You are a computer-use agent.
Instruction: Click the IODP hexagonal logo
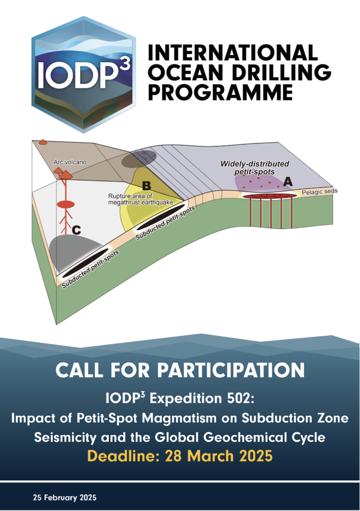tap(84, 74)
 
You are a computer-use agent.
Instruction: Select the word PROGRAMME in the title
tap(220, 92)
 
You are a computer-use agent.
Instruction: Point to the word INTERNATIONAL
tap(232, 52)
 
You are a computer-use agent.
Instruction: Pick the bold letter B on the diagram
tap(146, 186)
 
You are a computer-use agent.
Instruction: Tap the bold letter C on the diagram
tap(76, 231)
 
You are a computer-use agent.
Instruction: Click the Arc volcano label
tap(70, 162)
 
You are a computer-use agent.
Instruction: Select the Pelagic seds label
tap(319, 192)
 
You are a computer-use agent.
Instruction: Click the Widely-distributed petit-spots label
tap(255, 168)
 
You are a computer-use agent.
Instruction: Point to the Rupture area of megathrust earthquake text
tap(140, 199)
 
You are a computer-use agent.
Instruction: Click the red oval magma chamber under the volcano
tap(66, 205)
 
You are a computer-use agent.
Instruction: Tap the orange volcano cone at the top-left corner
tap(43, 142)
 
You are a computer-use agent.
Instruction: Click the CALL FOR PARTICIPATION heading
tap(180, 370)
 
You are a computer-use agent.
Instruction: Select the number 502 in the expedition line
tap(239, 398)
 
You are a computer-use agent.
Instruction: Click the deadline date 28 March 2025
tap(219, 456)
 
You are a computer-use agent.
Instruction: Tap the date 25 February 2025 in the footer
tap(64, 498)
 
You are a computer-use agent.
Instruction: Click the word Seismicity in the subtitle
tap(65, 437)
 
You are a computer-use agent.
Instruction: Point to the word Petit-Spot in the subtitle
tap(107, 418)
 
